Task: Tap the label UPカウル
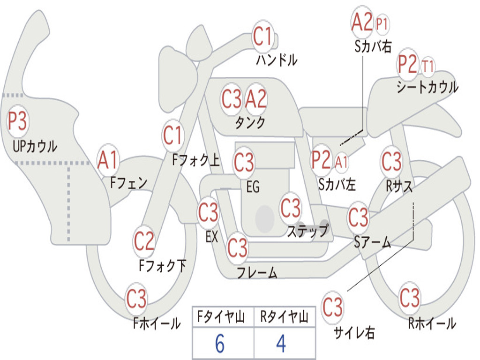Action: click(35, 146)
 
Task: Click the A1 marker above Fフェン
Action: click(108, 160)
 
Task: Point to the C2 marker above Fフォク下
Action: click(144, 241)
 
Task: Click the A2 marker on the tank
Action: click(256, 99)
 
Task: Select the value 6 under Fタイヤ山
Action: click(220, 344)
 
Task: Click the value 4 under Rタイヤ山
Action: click(281, 344)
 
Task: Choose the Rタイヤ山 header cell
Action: click(285, 317)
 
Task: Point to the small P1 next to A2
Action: click(382, 23)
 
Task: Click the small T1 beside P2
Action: click(427, 66)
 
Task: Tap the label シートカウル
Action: click(427, 87)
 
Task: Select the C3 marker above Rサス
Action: click(391, 161)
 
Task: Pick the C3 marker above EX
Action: click(208, 212)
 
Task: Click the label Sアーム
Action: click(373, 242)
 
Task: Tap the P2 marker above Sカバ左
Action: click(321, 160)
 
